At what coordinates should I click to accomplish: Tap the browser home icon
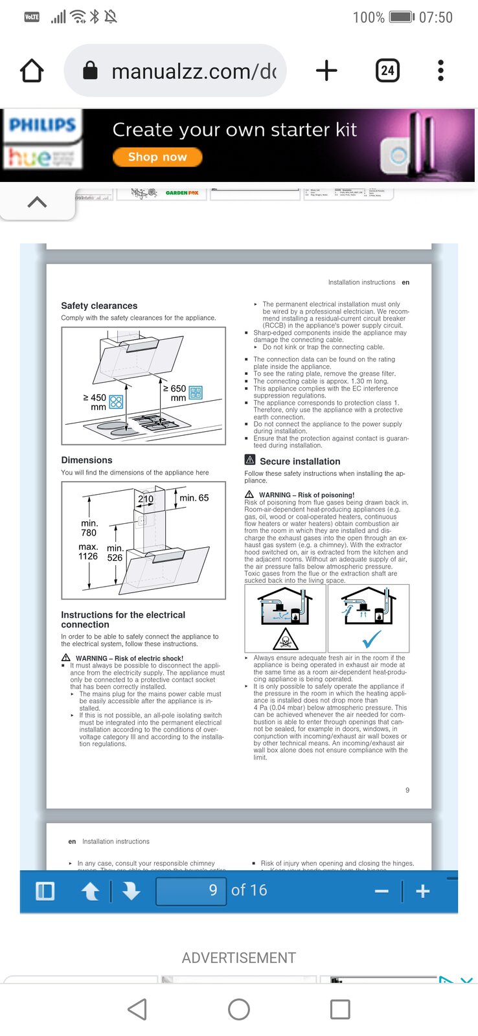click(x=32, y=71)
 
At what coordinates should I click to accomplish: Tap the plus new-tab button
click(x=326, y=71)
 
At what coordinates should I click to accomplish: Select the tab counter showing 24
click(x=387, y=71)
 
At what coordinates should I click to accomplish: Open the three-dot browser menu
click(x=440, y=71)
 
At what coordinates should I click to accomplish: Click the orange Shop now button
click(x=157, y=157)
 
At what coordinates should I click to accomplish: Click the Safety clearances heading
click(x=99, y=306)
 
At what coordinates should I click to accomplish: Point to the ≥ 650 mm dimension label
click(x=175, y=393)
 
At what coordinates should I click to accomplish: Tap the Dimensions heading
click(x=87, y=460)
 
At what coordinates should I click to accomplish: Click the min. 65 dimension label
click(x=194, y=498)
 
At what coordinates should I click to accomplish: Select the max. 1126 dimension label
click(x=88, y=551)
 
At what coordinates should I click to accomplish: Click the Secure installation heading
click(x=299, y=461)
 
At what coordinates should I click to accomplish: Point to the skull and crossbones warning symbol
click(x=285, y=640)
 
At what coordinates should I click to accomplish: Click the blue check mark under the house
click(x=371, y=640)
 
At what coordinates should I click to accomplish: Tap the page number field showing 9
click(x=191, y=890)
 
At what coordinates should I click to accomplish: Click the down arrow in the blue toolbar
click(x=131, y=892)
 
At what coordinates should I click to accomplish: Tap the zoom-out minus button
click(x=381, y=892)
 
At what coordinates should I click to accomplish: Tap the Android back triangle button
click(x=137, y=1009)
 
